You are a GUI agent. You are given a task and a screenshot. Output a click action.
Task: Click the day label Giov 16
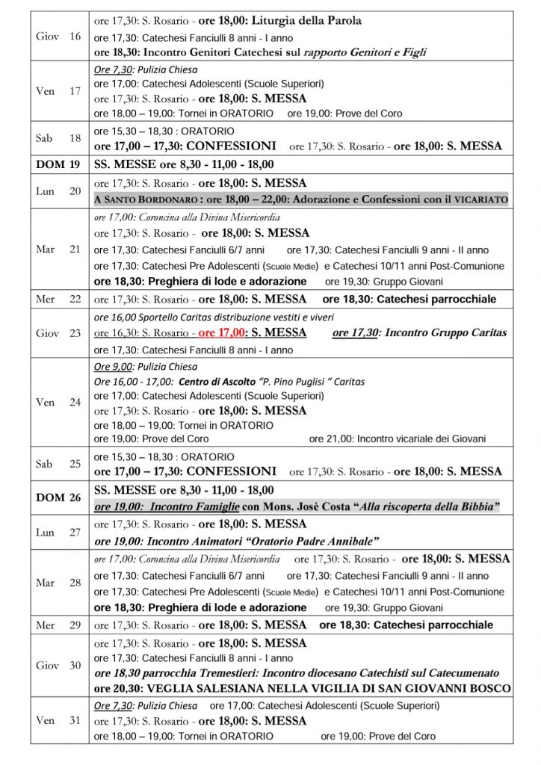[x=59, y=37]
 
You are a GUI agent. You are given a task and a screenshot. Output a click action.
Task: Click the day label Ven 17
[x=59, y=91]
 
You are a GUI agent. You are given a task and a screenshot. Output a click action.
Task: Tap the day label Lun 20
[x=59, y=191]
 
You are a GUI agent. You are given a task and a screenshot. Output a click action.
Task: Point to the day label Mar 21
[x=59, y=250]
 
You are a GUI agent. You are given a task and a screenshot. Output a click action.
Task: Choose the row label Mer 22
[x=59, y=300]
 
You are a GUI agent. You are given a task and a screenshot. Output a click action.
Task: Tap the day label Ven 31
[x=59, y=720]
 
